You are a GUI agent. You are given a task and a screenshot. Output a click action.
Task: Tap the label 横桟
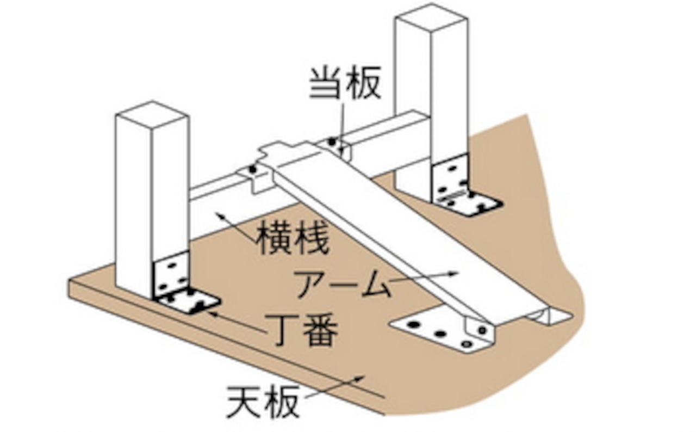tap(293, 238)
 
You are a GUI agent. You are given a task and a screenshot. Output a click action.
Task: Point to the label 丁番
tap(305, 329)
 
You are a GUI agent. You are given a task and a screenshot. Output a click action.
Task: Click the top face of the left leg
tap(152, 114)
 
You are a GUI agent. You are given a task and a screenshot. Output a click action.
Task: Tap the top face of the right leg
tap(431, 17)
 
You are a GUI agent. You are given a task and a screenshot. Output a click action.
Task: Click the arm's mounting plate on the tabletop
tap(435, 329)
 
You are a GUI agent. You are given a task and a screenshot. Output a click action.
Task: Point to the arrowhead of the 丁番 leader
tap(210, 312)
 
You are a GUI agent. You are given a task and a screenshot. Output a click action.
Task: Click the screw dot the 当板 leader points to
tap(332, 142)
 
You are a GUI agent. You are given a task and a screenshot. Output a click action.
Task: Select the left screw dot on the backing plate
tap(252, 169)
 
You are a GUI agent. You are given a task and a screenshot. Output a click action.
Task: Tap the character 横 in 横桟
tap(274, 238)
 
